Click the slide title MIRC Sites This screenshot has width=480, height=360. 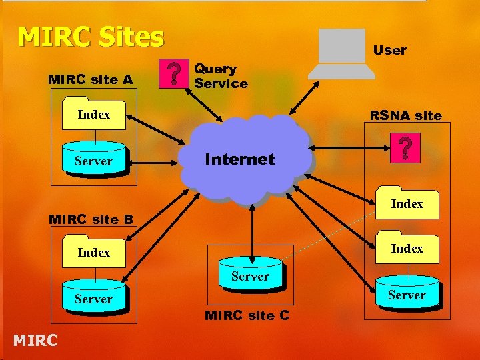click(90, 37)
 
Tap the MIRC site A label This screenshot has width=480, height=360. click(90, 80)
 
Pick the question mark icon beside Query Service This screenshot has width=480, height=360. click(175, 74)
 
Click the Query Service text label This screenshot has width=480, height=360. click(221, 76)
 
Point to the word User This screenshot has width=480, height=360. click(389, 50)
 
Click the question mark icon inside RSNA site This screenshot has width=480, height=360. click(404, 149)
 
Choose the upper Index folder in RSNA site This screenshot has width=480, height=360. click(407, 203)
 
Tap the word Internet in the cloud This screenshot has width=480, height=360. click(239, 159)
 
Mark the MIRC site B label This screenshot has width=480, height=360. click(91, 219)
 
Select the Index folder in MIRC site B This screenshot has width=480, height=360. click(93, 252)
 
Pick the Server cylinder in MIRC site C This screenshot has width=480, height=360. click(250, 275)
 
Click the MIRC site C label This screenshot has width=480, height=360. click(247, 315)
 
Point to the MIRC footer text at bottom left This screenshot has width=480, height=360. click(35, 341)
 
